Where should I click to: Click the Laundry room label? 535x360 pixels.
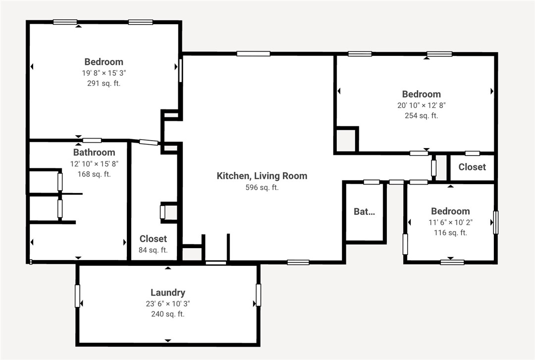click(x=167, y=293)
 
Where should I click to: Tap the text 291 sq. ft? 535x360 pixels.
click(x=104, y=83)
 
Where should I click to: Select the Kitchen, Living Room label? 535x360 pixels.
click(x=262, y=176)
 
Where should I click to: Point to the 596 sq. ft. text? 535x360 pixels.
click(x=262, y=187)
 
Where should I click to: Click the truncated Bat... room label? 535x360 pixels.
click(x=364, y=211)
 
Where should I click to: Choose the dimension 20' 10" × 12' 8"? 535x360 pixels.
click(x=421, y=105)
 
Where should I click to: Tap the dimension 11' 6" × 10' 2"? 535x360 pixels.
click(x=450, y=222)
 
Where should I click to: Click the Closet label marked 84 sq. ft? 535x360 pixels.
click(x=153, y=239)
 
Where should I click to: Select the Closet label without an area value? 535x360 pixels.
click(x=472, y=167)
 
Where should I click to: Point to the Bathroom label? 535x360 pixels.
click(x=94, y=153)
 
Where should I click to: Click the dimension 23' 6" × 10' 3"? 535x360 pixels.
click(x=167, y=304)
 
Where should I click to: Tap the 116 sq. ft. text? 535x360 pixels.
click(x=450, y=233)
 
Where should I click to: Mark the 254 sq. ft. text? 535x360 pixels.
click(x=421, y=116)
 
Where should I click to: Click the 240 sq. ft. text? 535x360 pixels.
click(x=167, y=314)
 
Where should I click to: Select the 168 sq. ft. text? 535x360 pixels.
click(x=94, y=174)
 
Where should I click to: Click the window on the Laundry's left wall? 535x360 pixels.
click(x=77, y=296)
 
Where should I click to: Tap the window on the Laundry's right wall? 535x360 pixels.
click(x=258, y=295)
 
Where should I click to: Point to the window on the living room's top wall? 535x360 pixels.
click(x=253, y=53)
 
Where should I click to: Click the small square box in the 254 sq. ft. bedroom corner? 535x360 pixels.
click(x=346, y=140)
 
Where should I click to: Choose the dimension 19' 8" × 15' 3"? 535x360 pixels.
click(x=104, y=73)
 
